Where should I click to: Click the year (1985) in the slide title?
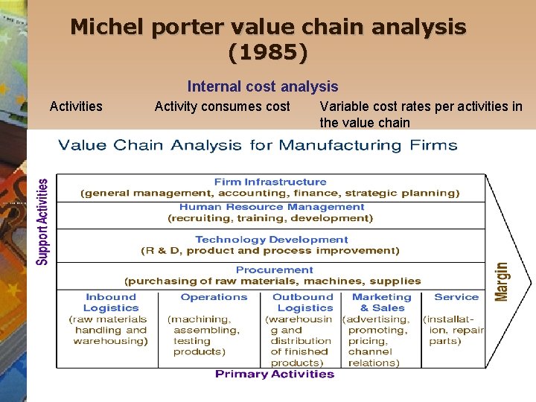point(268,53)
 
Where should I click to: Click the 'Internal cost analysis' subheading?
point(262,87)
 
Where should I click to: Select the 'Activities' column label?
point(76,106)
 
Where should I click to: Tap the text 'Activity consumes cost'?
point(222,106)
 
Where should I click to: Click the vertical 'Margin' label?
point(502,281)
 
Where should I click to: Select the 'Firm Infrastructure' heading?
point(269,182)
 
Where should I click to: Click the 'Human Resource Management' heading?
point(271,207)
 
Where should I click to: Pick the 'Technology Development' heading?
point(271,240)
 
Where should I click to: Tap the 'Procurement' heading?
point(274,269)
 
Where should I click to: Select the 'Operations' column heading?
point(214,297)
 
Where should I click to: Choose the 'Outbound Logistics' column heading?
point(303,302)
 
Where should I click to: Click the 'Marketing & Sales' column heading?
point(381,302)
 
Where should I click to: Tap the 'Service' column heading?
point(456,297)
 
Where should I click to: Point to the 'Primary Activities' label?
point(274,374)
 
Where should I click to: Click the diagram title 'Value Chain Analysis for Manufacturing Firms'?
point(258,145)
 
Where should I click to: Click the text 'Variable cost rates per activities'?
point(421,106)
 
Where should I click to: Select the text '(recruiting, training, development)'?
point(270,218)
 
